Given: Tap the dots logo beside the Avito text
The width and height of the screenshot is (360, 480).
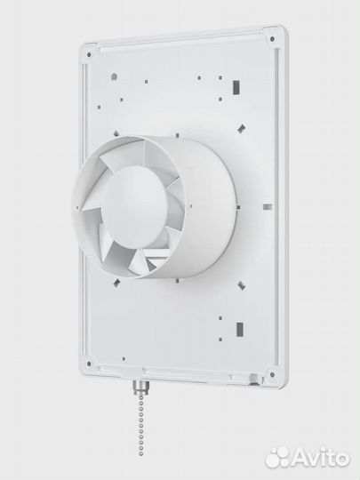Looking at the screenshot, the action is [277, 458].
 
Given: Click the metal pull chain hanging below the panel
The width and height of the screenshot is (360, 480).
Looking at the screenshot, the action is [140, 424].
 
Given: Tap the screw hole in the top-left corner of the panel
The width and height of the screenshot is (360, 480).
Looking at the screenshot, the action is [89, 55].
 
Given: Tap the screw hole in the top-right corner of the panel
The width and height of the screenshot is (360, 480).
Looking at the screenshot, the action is [272, 39].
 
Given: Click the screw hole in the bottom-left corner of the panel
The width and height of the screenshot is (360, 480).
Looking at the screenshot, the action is [89, 364].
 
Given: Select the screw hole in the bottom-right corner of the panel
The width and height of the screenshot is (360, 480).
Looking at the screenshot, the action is [272, 374].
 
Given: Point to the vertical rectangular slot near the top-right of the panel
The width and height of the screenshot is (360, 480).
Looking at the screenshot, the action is [236, 87].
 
